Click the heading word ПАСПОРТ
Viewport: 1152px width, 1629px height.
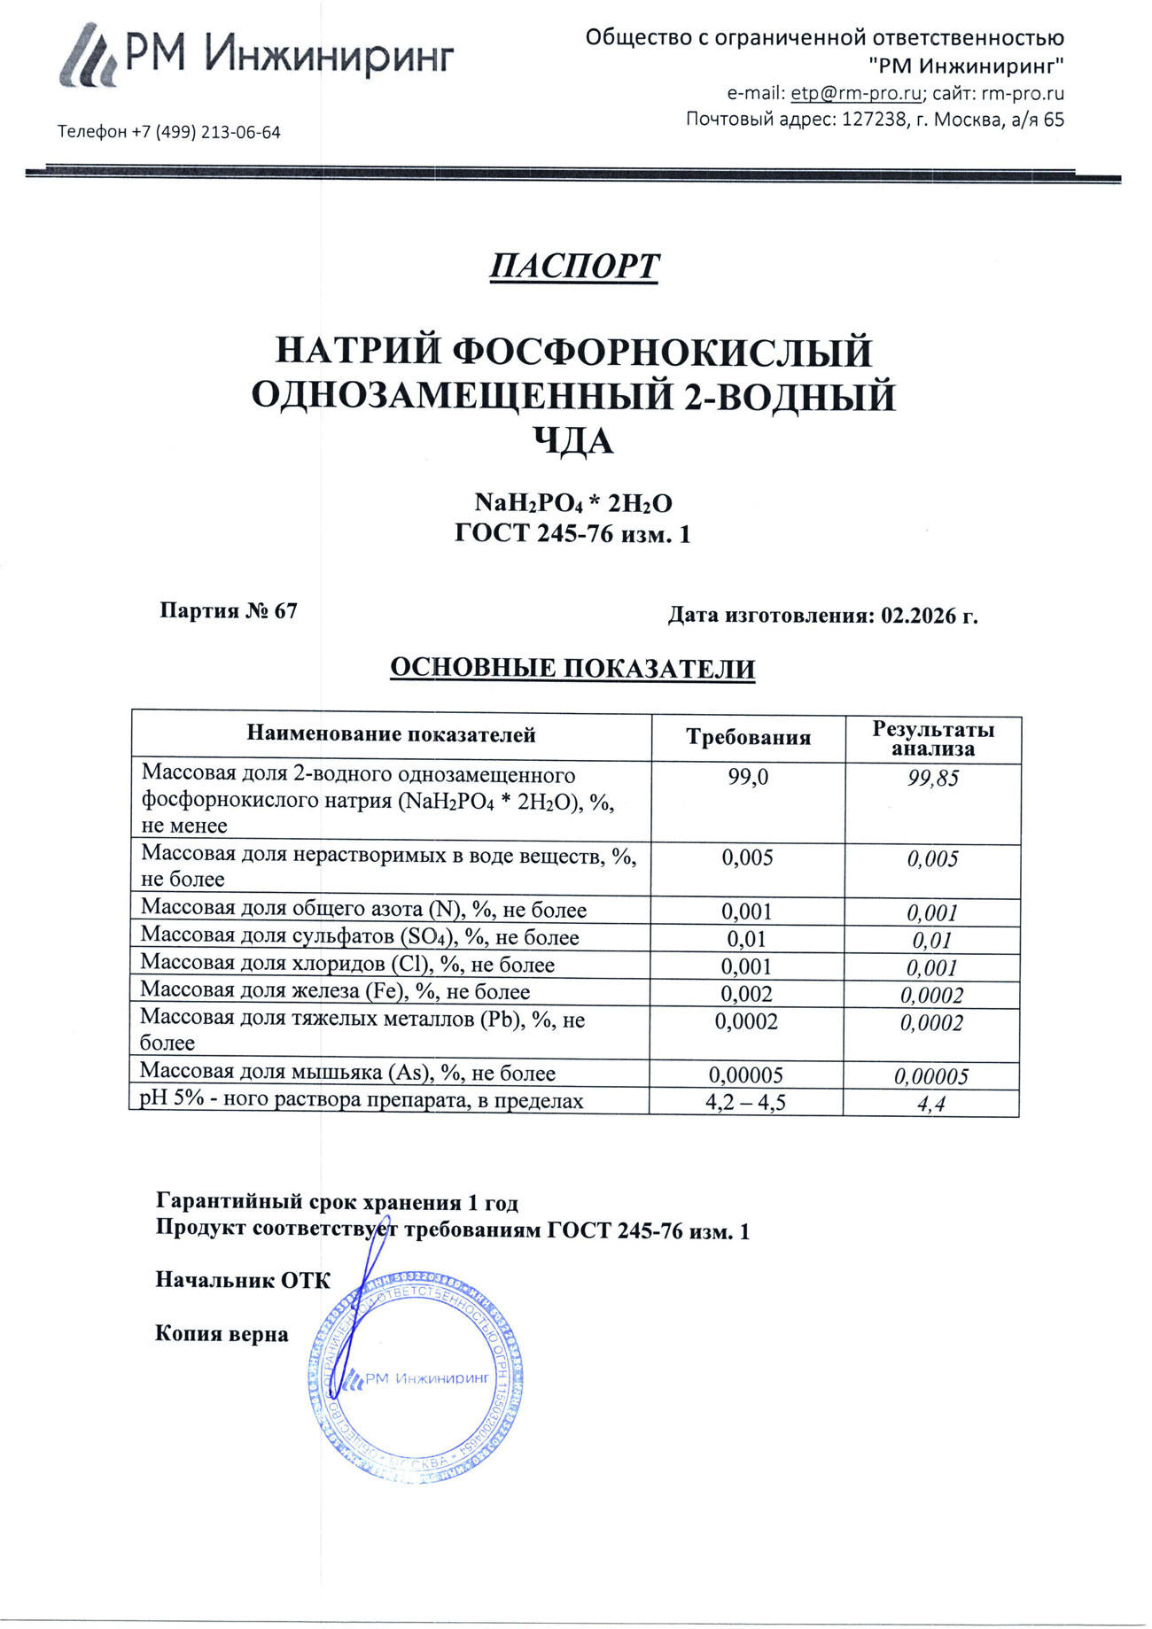point(574,266)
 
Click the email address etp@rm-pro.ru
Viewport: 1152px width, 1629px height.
point(855,93)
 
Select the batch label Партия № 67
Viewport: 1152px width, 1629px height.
point(229,610)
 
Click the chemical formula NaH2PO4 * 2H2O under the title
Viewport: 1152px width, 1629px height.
point(573,503)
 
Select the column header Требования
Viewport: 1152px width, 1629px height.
point(748,737)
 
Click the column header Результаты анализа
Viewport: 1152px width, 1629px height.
point(933,739)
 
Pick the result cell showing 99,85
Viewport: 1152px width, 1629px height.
point(933,779)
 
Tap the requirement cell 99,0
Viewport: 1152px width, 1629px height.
point(748,777)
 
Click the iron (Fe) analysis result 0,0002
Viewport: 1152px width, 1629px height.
point(931,996)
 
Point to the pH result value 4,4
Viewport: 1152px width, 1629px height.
point(931,1104)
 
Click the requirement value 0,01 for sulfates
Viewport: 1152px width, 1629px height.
point(746,939)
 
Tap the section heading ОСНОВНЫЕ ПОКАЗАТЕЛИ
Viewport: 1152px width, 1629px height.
point(572,668)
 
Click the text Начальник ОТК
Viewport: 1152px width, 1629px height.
point(243,1279)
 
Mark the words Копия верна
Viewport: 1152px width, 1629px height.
point(222,1334)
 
